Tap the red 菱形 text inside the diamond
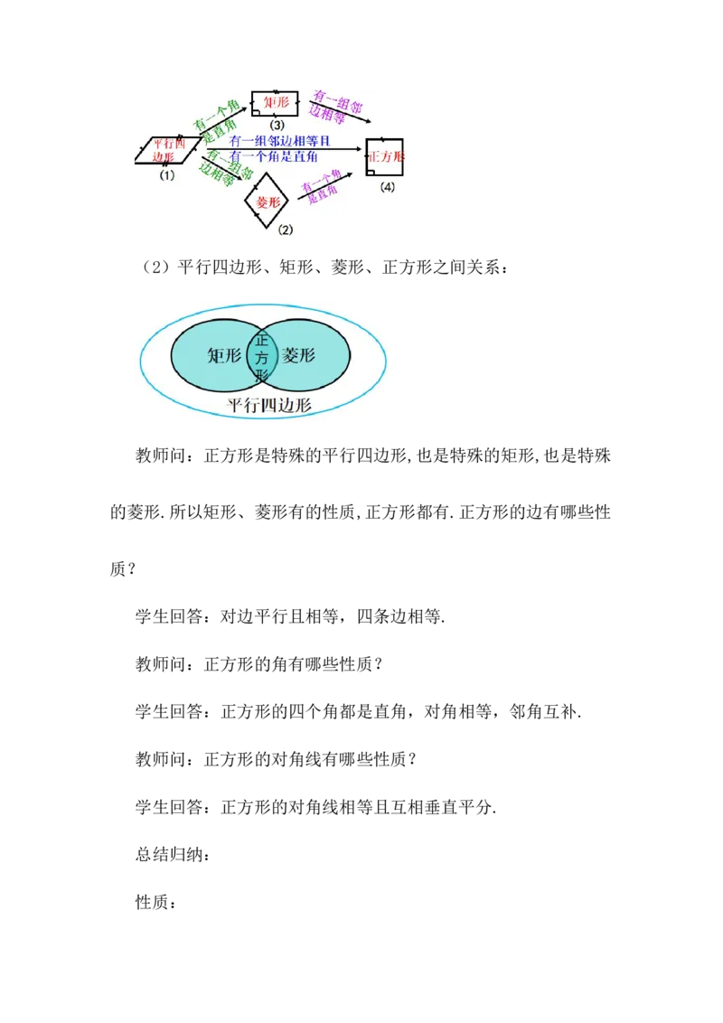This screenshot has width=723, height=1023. tap(268, 202)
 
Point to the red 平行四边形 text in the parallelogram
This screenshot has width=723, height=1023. tap(167, 149)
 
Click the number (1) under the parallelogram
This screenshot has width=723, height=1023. tap(166, 176)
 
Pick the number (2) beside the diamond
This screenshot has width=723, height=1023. tap(286, 230)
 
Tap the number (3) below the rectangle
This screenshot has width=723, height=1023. tap(277, 124)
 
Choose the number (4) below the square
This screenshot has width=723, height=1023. tap(387, 187)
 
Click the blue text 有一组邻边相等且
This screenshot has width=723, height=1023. tap(280, 142)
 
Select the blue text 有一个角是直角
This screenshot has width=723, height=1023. tap(275, 156)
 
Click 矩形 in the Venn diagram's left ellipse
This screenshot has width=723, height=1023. tap(224, 356)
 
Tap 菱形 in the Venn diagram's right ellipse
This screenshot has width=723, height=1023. tap(299, 355)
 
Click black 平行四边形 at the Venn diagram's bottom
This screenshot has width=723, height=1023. tap(268, 406)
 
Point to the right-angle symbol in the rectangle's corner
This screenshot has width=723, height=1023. tap(257, 112)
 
